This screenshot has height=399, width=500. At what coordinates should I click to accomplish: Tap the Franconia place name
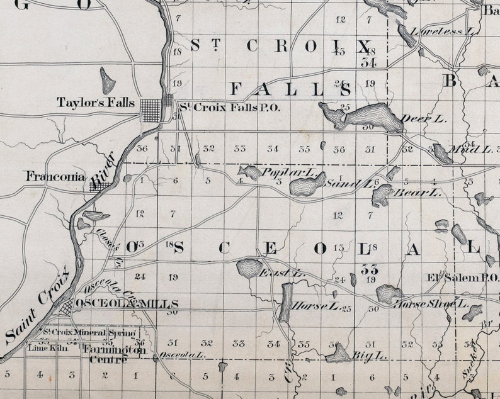click(55, 177)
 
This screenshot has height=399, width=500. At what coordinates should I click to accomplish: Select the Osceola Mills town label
click(127, 304)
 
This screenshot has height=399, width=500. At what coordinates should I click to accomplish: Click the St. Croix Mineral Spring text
click(88, 332)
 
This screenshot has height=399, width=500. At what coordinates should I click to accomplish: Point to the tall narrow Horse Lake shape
click(286, 302)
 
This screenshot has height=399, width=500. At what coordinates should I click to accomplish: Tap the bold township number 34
click(368, 62)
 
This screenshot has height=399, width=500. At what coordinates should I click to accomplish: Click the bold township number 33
click(369, 269)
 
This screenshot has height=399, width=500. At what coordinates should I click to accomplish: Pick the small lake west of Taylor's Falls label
click(108, 81)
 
